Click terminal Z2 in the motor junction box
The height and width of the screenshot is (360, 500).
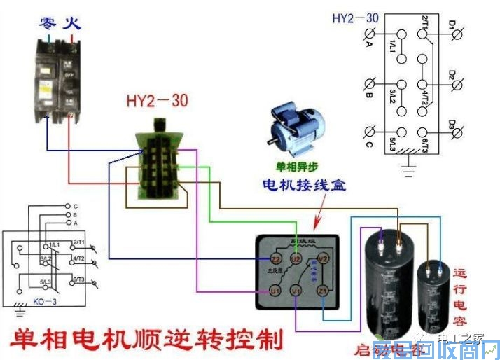coord(266,260)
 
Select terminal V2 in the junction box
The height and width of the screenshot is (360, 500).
coord(323,259)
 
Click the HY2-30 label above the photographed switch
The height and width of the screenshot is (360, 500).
coord(157,100)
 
